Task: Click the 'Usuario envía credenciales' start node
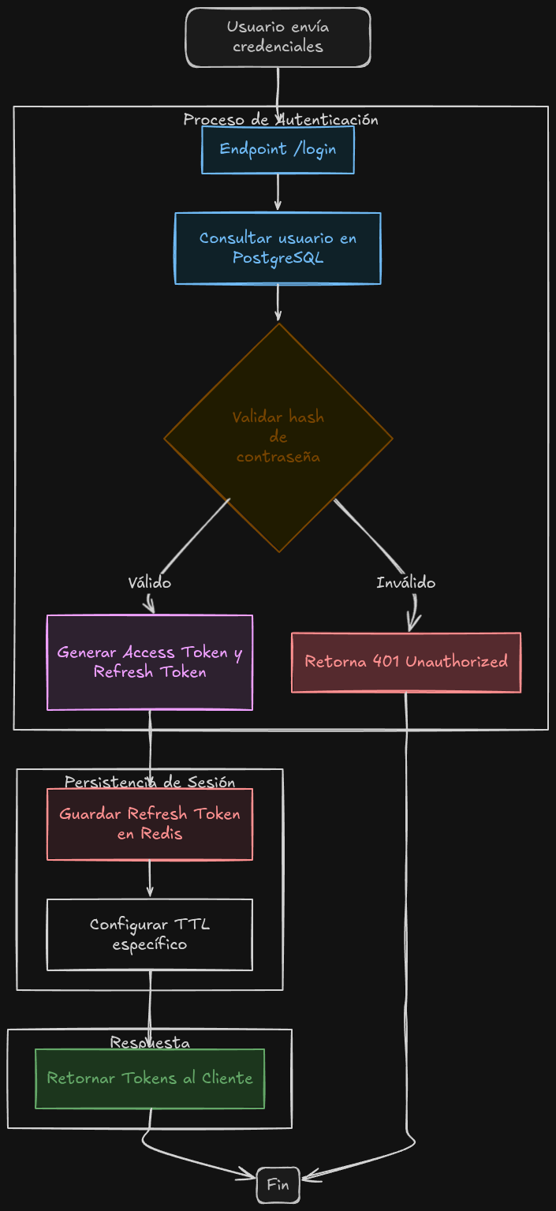click(x=278, y=37)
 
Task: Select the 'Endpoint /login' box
click(x=278, y=149)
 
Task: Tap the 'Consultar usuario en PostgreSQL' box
click(x=278, y=248)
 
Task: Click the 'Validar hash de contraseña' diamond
click(x=278, y=437)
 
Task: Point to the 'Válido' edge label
click(x=149, y=583)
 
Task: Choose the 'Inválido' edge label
click(x=405, y=583)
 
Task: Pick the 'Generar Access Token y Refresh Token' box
click(x=150, y=662)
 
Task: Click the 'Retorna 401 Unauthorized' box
click(x=405, y=662)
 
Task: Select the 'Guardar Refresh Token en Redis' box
click(x=150, y=824)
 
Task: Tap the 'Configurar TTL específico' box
click(x=150, y=934)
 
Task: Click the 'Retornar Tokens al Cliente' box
click(x=150, y=1078)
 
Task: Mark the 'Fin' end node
click(x=278, y=1184)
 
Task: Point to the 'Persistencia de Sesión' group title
click(x=150, y=782)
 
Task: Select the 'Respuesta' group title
click(x=150, y=1042)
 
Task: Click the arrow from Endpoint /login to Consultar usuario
click(x=278, y=192)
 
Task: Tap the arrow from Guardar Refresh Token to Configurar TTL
click(x=150, y=879)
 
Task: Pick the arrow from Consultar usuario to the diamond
click(x=278, y=303)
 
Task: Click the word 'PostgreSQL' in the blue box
click(x=278, y=258)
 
